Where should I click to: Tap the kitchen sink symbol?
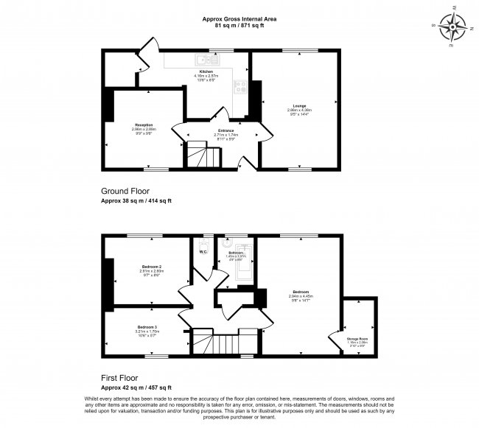[202, 60]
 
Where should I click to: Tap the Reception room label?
[144, 124]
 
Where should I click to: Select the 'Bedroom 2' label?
[150, 266]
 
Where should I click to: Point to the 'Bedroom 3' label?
[147, 326]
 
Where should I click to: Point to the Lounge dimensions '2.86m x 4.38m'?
[298, 110]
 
